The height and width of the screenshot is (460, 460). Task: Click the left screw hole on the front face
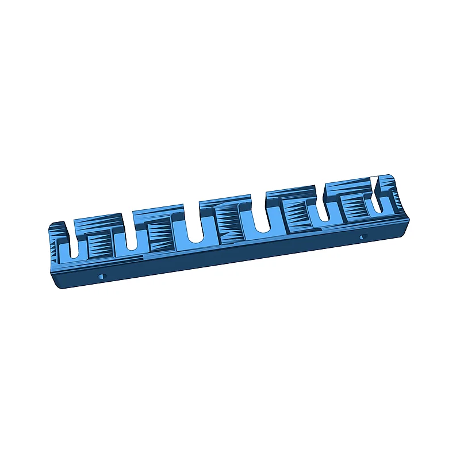point(103,276)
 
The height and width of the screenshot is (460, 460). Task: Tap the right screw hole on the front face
point(362,236)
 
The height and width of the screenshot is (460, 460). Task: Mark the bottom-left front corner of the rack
point(60,286)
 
